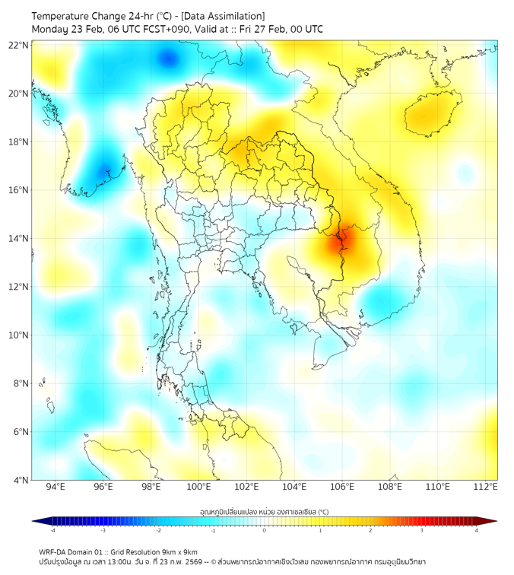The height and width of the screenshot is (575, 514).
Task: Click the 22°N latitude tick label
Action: pos(18,45)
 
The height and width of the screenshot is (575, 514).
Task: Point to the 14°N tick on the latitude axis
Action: pos(18,239)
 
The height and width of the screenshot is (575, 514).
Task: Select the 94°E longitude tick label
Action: pos(56,488)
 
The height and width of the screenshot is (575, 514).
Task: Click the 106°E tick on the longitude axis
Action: pos(342,488)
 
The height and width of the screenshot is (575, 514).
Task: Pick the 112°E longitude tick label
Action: pos(485,488)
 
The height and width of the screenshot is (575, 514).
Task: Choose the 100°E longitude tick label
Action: pos(198,488)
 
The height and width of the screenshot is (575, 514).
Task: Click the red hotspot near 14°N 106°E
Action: pos(340,242)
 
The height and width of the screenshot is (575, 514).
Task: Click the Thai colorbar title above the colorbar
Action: pos(264,511)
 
